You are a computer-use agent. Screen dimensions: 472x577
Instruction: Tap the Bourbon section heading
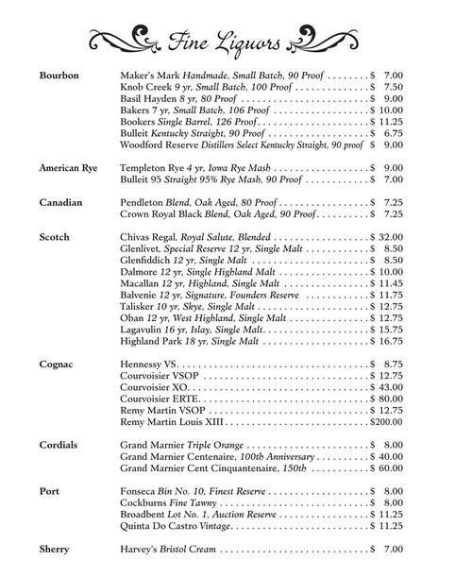click(x=59, y=75)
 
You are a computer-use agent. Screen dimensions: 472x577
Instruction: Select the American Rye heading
click(x=70, y=167)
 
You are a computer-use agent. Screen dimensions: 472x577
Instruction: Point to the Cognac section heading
click(x=58, y=364)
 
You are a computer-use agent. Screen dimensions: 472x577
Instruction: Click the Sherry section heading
click(x=56, y=549)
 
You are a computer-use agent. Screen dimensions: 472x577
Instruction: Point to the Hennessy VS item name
click(x=150, y=364)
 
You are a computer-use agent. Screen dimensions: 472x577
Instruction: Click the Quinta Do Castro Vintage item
click(x=176, y=525)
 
